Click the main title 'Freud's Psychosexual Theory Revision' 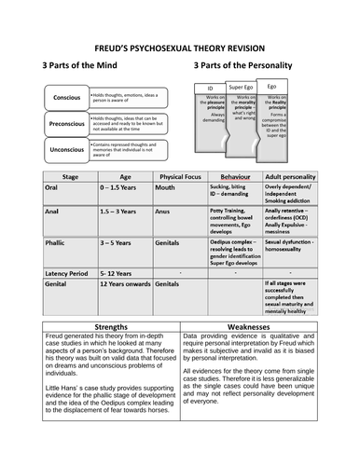click(179, 48)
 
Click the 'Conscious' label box click(66, 98)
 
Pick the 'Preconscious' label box click(66, 123)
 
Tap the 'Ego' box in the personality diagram click(271, 85)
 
